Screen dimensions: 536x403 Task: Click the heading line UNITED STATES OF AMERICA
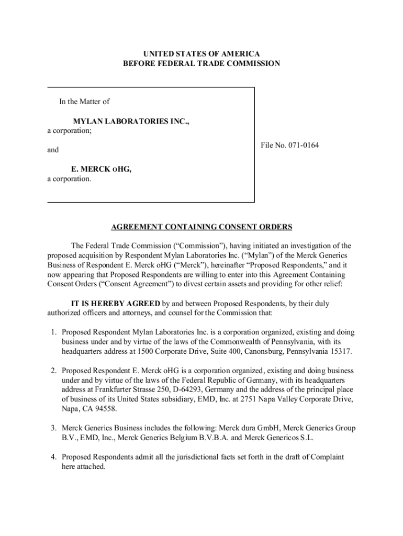201,54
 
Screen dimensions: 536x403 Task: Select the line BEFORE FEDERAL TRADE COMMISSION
201,64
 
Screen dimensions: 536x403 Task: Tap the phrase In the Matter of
84,102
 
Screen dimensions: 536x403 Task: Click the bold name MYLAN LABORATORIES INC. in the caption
131,121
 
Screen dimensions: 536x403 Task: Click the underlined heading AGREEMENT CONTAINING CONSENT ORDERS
201,227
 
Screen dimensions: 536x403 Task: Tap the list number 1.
53,332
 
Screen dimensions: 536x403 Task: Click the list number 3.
53,428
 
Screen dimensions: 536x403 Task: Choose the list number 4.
53,457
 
